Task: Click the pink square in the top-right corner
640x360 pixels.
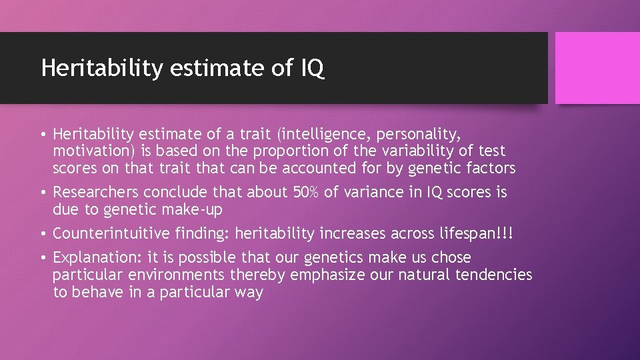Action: [x=597, y=68]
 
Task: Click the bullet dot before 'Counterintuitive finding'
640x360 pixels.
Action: [x=43, y=234]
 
